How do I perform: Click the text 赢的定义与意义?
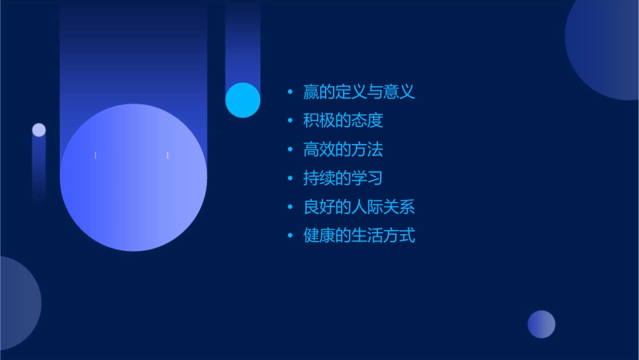pos(359,92)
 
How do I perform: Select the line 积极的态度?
pos(343,120)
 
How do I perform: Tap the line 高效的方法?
pos(343,149)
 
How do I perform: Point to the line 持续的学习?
pos(343,178)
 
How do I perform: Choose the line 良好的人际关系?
pos(359,207)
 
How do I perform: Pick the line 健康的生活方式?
pos(359,236)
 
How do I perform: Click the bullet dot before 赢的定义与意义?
pos(290,92)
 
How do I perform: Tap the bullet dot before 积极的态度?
pos(290,121)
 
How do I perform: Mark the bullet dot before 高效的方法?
pos(290,150)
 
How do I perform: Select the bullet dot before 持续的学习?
pos(290,179)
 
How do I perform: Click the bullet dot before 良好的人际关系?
pos(290,208)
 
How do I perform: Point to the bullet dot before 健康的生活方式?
pos(290,236)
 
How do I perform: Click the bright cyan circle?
pos(243,100)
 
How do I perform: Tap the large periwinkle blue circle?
pos(133,177)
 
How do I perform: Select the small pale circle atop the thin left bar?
pos(39,130)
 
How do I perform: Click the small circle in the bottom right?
pos(541,324)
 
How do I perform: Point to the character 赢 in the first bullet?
pos(311,92)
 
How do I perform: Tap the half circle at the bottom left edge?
pos(17,303)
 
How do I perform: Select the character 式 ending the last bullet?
pos(407,236)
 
